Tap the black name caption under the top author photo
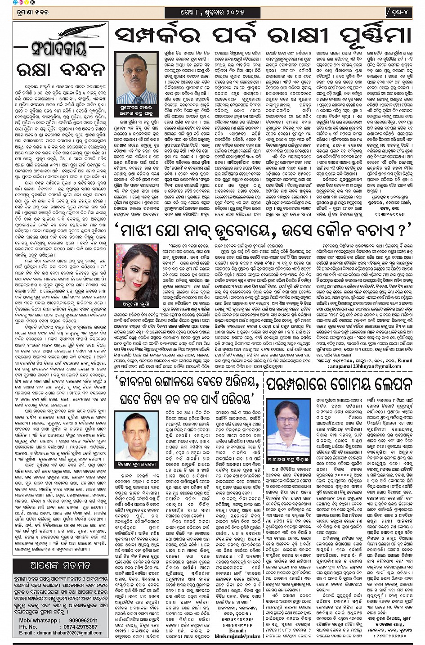[x=136, y=112]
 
